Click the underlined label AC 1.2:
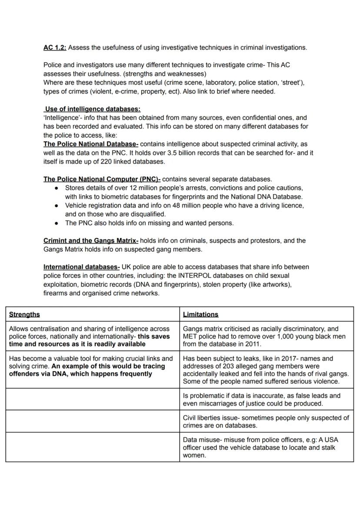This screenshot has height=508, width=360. click(x=55, y=47)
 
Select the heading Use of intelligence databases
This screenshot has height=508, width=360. click(x=93, y=109)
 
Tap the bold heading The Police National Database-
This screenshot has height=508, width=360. click(x=91, y=144)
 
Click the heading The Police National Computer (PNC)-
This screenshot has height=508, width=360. click(x=102, y=179)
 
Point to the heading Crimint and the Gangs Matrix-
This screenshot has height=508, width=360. click(x=91, y=240)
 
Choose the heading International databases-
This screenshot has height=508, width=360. click(x=81, y=267)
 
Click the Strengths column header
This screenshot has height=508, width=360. click(x=24, y=314)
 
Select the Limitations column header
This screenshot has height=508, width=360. click(x=200, y=314)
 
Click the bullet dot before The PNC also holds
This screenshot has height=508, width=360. click(x=57, y=223)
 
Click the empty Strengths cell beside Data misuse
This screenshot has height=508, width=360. click(x=92, y=447)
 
